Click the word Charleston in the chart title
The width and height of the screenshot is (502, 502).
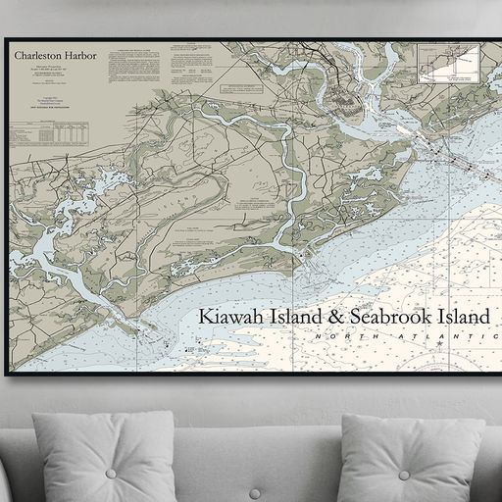(38, 57)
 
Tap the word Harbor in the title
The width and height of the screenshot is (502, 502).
(81, 57)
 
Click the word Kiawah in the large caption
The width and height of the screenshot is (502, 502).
(228, 317)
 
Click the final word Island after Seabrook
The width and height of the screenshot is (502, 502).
(464, 317)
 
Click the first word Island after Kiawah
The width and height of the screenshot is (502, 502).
(291, 317)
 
